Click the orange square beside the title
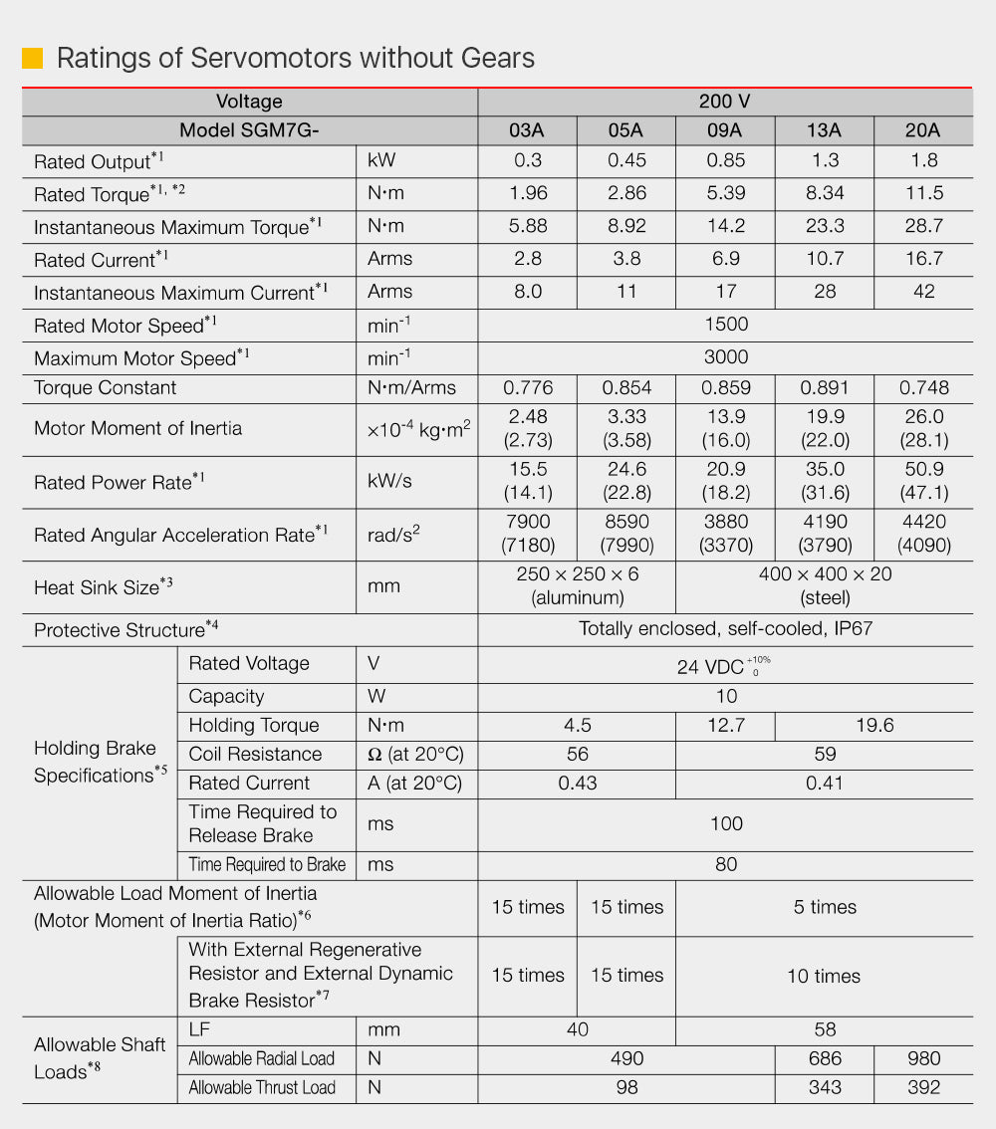click(x=32, y=58)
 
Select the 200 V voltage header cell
click(x=725, y=102)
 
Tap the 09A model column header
click(x=725, y=130)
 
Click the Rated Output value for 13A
click(x=825, y=160)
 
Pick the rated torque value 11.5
click(x=923, y=193)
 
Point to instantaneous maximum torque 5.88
click(x=528, y=226)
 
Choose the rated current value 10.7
click(x=825, y=259)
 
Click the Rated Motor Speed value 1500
click(x=725, y=325)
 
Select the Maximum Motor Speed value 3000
click(x=725, y=357)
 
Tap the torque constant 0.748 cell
click(x=923, y=387)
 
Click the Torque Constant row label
click(x=106, y=387)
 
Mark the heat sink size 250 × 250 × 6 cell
click(x=578, y=585)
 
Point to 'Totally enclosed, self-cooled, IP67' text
click(x=725, y=629)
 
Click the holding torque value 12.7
click(x=725, y=726)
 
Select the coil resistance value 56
click(x=578, y=755)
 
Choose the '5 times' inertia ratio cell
click(x=825, y=907)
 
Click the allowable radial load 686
click(x=825, y=1058)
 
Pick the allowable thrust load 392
click(x=923, y=1087)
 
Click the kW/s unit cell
click(x=389, y=482)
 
